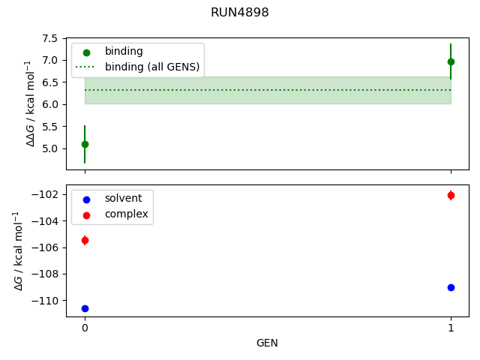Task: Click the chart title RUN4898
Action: [240, 13]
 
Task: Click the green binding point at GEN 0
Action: [85, 144]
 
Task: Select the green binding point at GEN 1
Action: [451, 61]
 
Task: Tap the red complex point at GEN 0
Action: [85, 240]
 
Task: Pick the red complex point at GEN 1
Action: [451, 195]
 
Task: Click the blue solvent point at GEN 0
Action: [85, 308]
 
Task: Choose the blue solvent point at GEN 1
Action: [451, 287]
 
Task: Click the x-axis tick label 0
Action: [85, 328]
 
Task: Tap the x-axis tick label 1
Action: [451, 328]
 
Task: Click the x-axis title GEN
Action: [267, 343]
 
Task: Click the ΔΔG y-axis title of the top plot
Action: [31, 103]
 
